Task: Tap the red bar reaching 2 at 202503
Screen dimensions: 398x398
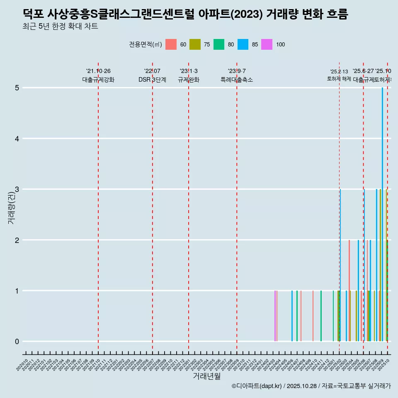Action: [x=349, y=290]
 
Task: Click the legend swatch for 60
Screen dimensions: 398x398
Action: [x=171, y=45]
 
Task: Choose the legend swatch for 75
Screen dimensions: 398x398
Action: [x=195, y=45]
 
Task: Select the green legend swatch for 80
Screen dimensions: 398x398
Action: [x=219, y=45]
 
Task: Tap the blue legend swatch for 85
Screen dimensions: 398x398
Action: [x=243, y=45]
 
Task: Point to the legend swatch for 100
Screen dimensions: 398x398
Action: [x=267, y=45]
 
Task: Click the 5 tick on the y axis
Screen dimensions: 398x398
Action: [x=17, y=88]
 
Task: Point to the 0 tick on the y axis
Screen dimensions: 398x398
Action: [x=17, y=342]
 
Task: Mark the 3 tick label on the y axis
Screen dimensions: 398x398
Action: [x=17, y=189]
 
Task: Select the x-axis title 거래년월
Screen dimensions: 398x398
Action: [x=206, y=376]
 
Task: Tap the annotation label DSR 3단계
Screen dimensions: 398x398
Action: [x=152, y=80]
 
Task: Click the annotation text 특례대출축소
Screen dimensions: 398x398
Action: [x=236, y=80]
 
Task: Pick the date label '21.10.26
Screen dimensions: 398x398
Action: [x=98, y=71]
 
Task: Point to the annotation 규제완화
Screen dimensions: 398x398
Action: [x=189, y=80]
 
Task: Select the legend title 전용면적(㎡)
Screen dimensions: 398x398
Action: [x=145, y=45]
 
